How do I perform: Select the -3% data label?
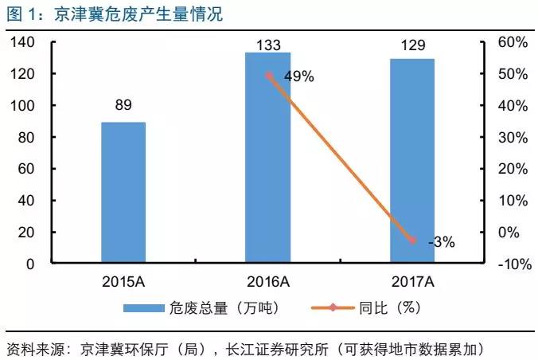[x=441, y=243]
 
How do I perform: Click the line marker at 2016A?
[x=268, y=76]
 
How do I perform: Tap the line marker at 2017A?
[x=411, y=240]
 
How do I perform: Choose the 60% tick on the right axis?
[x=511, y=42]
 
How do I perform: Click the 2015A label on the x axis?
[x=123, y=280]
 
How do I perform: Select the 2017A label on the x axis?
[x=411, y=280]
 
